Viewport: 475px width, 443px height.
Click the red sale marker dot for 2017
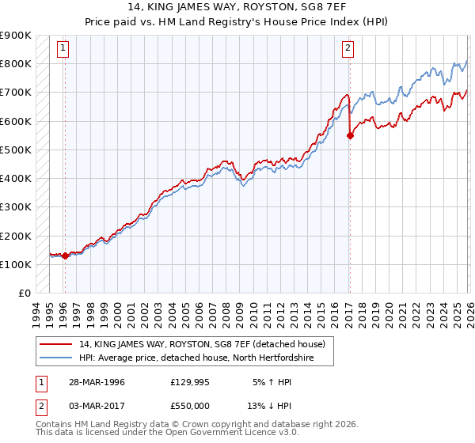(x=349, y=135)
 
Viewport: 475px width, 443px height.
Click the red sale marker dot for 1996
(x=64, y=256)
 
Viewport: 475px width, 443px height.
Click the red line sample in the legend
(x=56, y=344)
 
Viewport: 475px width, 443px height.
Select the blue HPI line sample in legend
(x=56, y=358)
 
